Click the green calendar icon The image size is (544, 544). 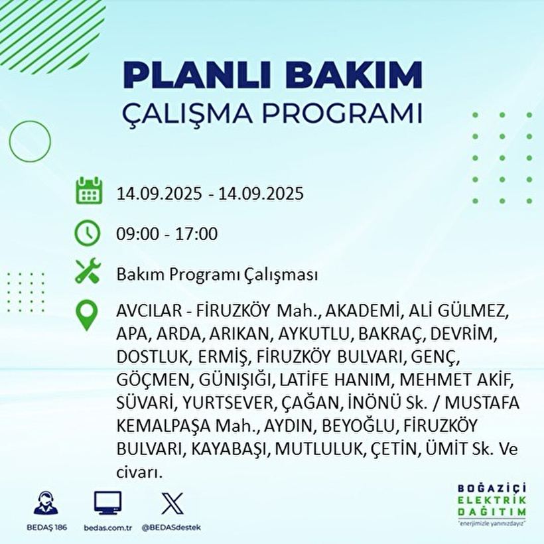tap(89, 190)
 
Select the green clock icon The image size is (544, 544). tap(88, 233)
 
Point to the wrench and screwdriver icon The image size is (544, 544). tap(88, 272)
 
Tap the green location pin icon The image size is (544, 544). tap(88, 316)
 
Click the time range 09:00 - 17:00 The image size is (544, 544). tap(167, 234)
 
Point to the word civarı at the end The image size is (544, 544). tap(139, 472)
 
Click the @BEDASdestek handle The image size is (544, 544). tap(171, 527)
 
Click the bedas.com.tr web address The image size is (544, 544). tap(107, 527)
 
